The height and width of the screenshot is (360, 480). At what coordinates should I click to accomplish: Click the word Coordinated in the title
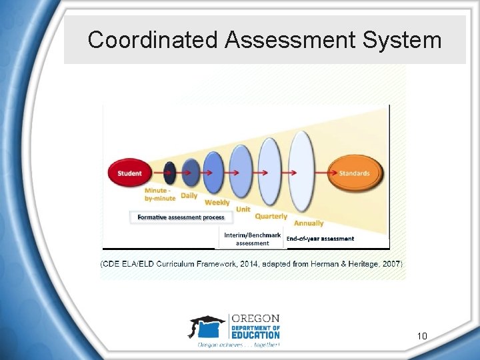pyautogui.click(x=153, y=40)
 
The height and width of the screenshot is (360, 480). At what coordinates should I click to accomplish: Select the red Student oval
pyautogui.click(x=129, y=173)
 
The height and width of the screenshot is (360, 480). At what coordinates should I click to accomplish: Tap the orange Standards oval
pyautogui.click(x=354, y=173)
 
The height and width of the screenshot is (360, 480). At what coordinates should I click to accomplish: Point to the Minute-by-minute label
pyautogui.click(x=160, y=194)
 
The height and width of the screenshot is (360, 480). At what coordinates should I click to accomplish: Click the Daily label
pyautogui.click(x=189, y=195)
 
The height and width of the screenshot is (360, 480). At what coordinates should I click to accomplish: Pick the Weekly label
pyautogui.click(x=217, y=202)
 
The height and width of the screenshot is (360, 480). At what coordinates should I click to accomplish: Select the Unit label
pyautogui.click(x=243, y=209)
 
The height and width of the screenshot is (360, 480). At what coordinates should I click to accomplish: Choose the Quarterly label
pyautogui.click(x=271, y=216)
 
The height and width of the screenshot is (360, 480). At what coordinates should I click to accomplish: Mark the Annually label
pyautogui.click(x=309, y=223)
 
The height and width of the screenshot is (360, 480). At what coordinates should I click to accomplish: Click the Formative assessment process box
pyautogui.click(x=181, y=217)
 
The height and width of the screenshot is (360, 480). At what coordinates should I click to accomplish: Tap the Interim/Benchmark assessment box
pyautogui.click(x=253, y=239)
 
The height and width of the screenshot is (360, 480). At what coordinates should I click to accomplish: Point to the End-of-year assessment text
pyautogui.click(x=320, y=238)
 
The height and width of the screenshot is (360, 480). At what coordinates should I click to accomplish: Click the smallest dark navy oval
pyautogui.click(x=169, y=173)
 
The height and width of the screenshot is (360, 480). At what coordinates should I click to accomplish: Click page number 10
pyautogui.click(x=421, y=336)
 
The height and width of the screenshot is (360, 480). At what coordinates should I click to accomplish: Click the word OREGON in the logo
pyautogui.click(x=255, y=318)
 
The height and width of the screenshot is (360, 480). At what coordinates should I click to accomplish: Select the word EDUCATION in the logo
pyautogui.click(x=256, y=335)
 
